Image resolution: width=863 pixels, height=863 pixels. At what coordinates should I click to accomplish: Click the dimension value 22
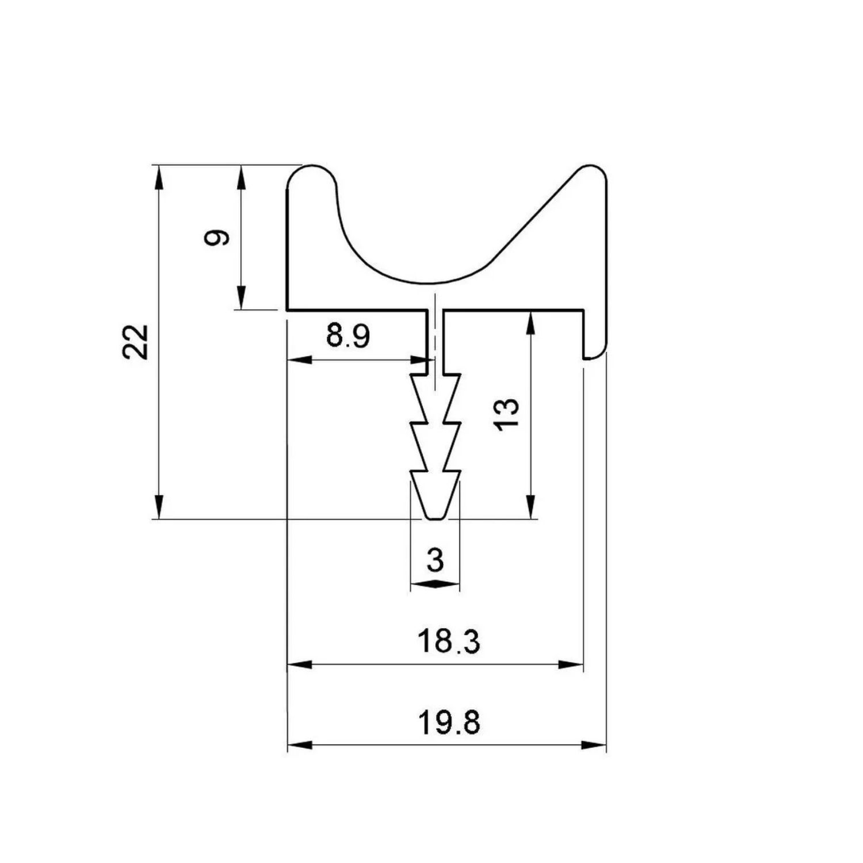click(x=137, y=342)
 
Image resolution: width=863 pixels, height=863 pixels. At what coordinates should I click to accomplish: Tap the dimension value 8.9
click(x=348, y=337)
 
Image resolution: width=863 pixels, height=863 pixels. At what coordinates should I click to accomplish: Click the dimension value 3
click(x=436, y=560)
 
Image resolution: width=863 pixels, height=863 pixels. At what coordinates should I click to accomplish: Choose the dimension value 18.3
click(x=449, y=641)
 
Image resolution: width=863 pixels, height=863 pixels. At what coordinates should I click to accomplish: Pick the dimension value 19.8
click(x=449, y=722)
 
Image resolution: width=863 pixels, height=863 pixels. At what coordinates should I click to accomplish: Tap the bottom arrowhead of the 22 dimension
click(x=159, y=507)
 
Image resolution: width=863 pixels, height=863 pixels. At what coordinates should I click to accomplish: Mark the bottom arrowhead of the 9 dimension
click(x=241, y=298)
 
